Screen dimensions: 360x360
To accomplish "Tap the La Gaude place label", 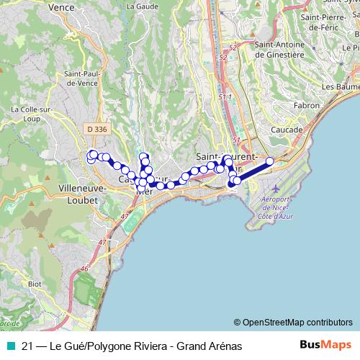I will coord(142,6).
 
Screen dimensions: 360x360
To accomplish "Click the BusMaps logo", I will coord(325,345).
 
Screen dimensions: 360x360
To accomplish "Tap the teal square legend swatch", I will coord(7,346).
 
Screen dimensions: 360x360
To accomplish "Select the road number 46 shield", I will coord(85,268).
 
